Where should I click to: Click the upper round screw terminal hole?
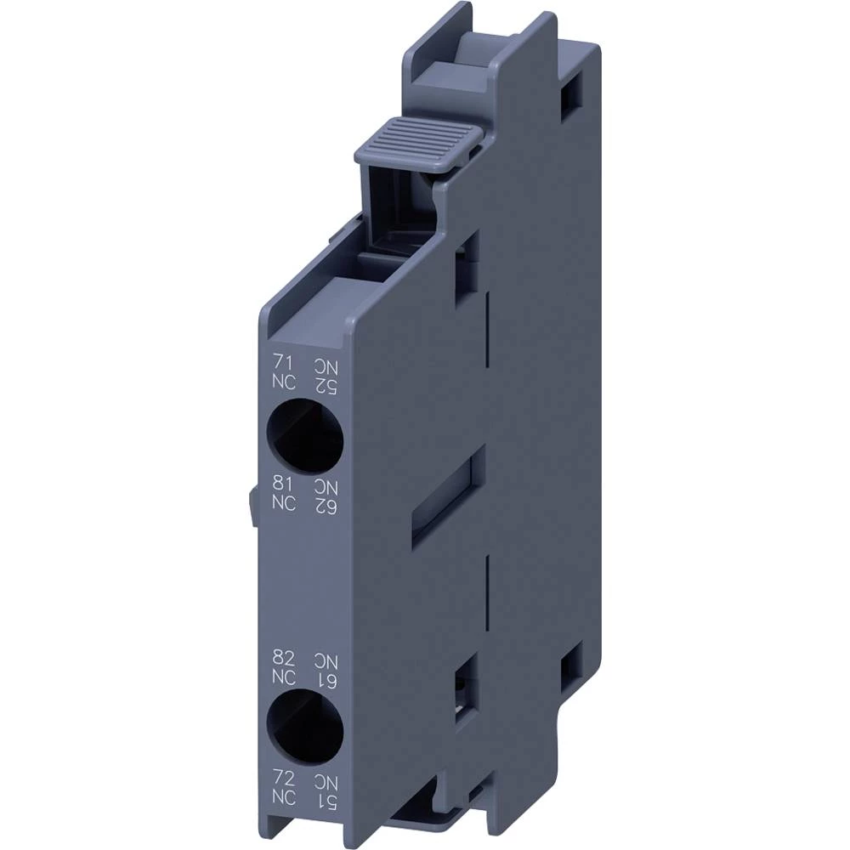[304, 436]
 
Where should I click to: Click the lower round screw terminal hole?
[304, 727]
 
